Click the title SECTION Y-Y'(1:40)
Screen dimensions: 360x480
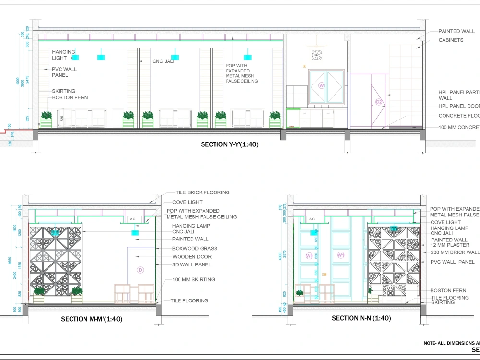[x=229, y=144]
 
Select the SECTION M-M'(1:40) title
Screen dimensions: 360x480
[x=91, y=319]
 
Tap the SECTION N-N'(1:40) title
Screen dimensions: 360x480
[x=361, y=318]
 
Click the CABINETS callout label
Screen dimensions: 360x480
[x=451, y=40]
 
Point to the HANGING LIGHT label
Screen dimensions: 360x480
[x=63, y=55]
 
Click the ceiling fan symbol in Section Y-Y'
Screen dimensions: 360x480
[x=316, y=55]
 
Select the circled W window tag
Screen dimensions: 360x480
[x=322, y=86]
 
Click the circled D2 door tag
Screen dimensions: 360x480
[x=379, y=102]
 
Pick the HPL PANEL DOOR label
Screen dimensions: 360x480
[x=459, y=106]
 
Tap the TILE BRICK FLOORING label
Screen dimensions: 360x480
[x=202, y=192]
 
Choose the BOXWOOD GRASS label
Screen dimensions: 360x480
[x=194, y=249]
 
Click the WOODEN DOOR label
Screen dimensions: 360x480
[x=192, y=257]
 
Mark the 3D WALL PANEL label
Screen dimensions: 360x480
[x=192, y=264]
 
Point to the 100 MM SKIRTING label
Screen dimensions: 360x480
[x=193, y=279]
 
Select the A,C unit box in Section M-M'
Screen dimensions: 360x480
[x=132, y=219]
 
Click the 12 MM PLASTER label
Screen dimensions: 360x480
[x=450, y=245]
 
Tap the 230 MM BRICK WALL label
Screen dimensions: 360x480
[x=455, y=252]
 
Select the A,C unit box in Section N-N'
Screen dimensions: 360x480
[x=312, y=219]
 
